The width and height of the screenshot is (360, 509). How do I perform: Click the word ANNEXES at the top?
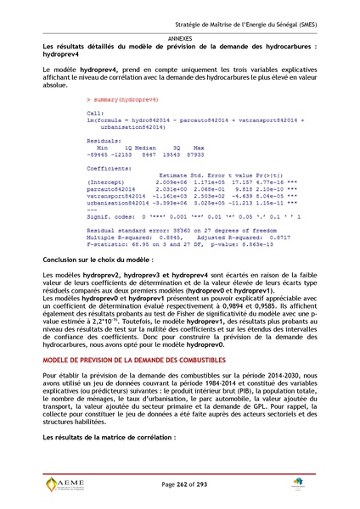pyautogui.click(x=179, y=39)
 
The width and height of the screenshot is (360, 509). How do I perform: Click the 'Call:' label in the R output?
pyautogui.click(x=95, y=112)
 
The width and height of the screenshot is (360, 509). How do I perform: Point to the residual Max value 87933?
pyautogui.click(x=194, y=156)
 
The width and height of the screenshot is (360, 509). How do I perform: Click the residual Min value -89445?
pyautogui.click(x=99, y=156)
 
